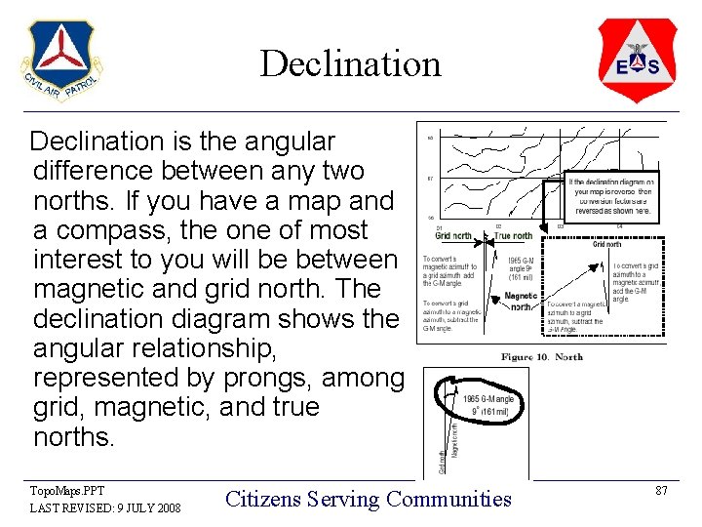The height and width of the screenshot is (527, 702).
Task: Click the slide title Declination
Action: [350, 64]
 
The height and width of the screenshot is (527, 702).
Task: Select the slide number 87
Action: [661, 491]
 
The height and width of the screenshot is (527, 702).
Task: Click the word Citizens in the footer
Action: [261, 499]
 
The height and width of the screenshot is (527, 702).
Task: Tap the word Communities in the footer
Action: [448, 499]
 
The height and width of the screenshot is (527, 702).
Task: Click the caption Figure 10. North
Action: [542, 356]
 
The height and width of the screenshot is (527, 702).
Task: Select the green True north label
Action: [513, 235]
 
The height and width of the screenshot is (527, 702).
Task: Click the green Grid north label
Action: [453, 235]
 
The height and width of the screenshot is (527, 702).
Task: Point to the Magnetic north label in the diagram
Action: [521, 302]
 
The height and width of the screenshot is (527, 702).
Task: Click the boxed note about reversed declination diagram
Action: [613, 196]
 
